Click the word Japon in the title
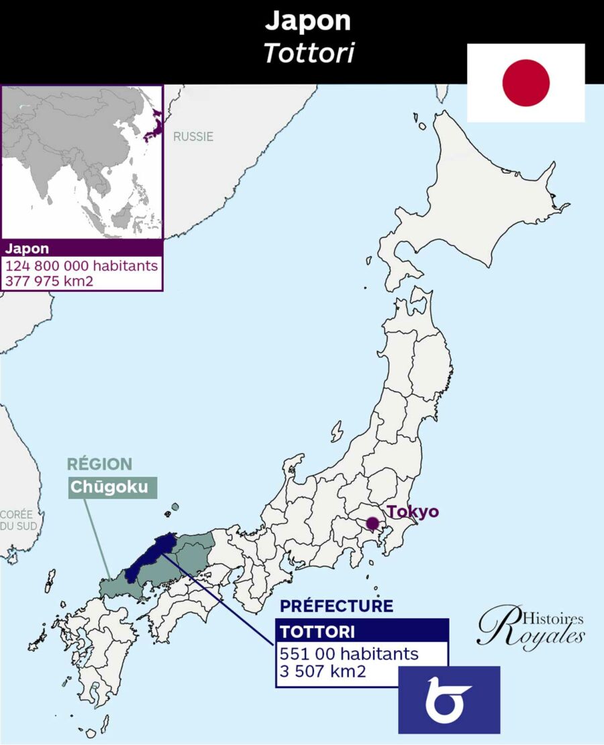tap(307, 21)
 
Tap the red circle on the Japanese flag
tap(525, 82)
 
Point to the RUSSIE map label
tap(193, 137)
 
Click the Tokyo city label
tap(413, 512)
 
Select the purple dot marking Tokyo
tap(372, 522)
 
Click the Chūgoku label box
tap(112, 487)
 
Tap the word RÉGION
tap(99, 463)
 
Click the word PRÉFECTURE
tap(336, 606)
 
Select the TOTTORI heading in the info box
tap(318, 631)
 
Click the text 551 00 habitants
tap(349, 653)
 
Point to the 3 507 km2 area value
tap(323, 671)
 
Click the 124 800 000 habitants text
tap(82, 266)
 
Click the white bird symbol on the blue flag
tap(448, 699)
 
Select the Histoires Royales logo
tap(530, 628)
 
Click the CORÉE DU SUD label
tap(18, 520)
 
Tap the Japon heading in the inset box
tap(26, 249)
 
